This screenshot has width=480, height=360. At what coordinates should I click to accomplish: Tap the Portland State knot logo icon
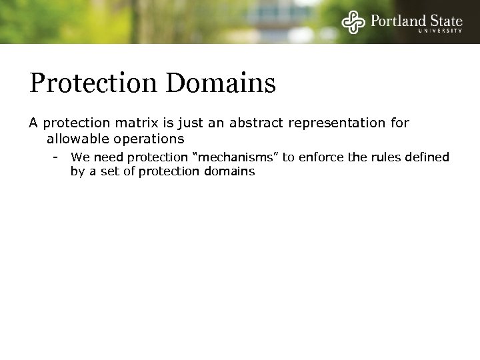(x=353, y=22)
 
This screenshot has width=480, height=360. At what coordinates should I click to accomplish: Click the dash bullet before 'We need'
(x=57, y=157)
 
